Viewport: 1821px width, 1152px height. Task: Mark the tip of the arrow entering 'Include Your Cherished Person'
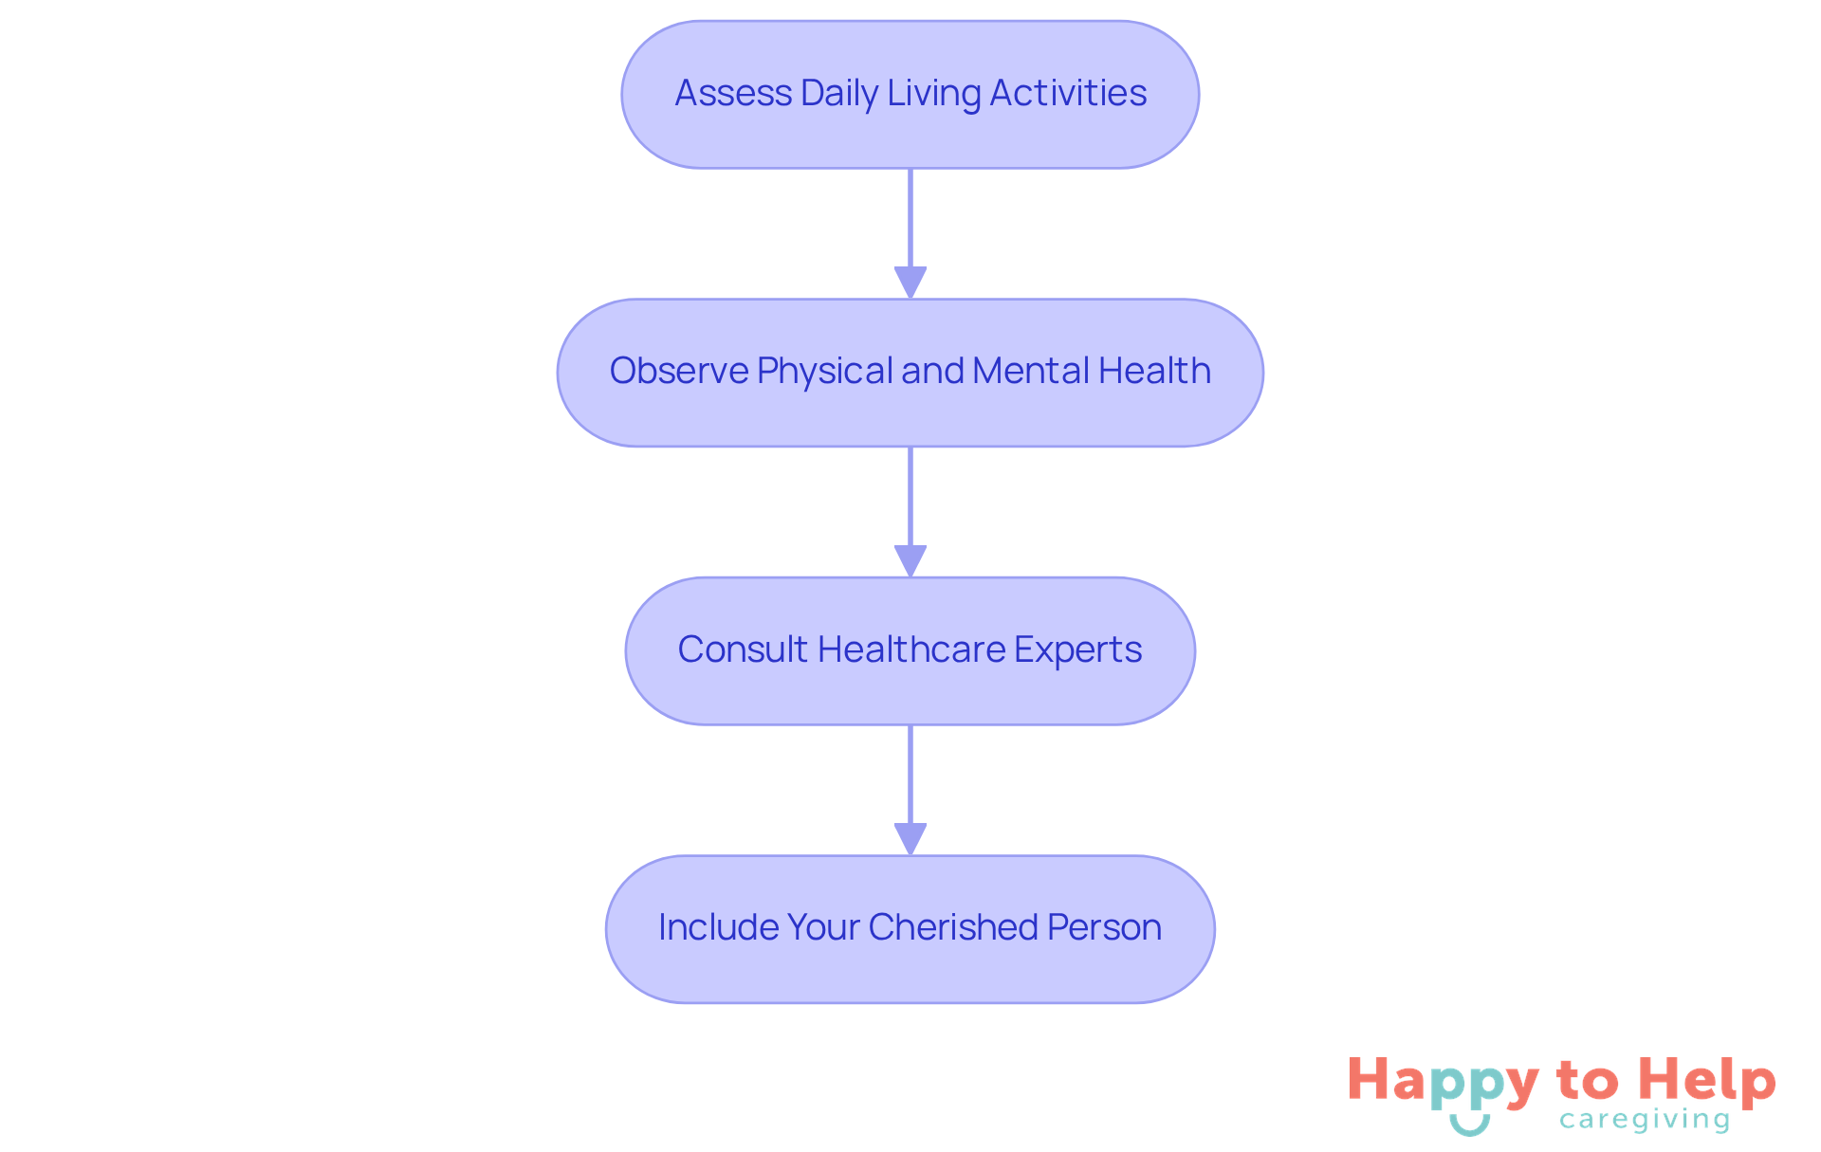click(910, 855)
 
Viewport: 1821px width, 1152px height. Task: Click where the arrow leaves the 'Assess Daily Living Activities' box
click(910, 169)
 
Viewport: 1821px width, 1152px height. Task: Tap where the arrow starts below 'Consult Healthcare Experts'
click(910, 725)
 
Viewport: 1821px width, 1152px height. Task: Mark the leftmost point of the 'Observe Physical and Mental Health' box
click(558, 373)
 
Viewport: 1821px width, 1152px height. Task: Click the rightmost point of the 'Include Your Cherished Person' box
click(1215, 929)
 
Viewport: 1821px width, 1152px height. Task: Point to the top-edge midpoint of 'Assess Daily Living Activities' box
click(910, 21)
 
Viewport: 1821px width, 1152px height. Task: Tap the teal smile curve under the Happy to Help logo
click(1470, 1125)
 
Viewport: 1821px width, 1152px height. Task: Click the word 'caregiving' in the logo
click(1645, 1120)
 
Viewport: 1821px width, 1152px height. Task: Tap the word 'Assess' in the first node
click(733, 93)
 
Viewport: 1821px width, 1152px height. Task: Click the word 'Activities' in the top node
click(1068, 93)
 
